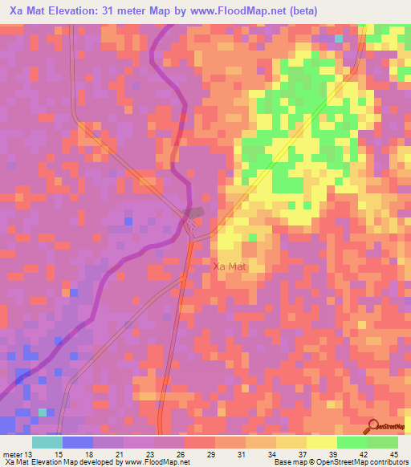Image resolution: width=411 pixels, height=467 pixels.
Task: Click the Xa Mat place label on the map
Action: [233, 266]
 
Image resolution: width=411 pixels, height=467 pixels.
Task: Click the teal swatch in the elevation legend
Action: [47, 442]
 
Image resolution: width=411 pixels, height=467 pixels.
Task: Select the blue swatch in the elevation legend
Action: [78, 442]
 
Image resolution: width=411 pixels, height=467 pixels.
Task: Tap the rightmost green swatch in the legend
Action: [382, 442]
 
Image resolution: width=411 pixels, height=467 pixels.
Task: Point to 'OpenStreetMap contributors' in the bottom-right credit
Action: [362, 462]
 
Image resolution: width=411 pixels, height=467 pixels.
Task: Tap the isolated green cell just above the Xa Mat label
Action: [253, 238]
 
